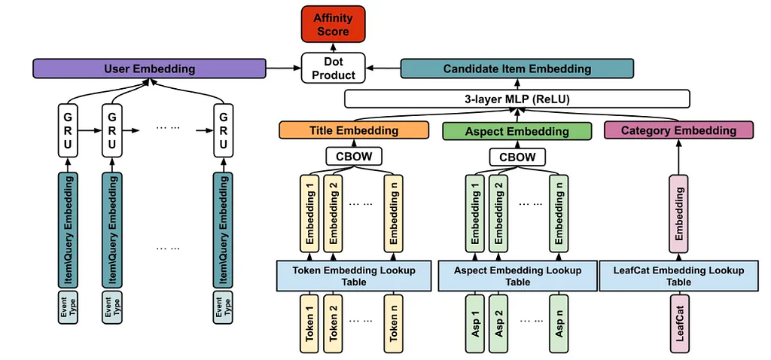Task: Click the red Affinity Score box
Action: click(334, 25)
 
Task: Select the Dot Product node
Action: click(334, 69)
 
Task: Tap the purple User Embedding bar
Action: click(150, 69)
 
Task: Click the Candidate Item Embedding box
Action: click(517, 69)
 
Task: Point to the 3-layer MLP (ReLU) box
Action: click(517, 99)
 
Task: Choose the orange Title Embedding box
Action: click(354, 130)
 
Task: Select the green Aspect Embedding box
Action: click(517, 131)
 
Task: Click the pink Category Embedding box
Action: click(679, 130)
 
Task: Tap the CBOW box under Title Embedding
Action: click(354, 157)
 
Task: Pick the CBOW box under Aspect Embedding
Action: click(517, 157)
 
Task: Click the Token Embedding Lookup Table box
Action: click(354, 276)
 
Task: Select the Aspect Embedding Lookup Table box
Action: click(517, 276)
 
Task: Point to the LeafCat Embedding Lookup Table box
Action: click(679, 276)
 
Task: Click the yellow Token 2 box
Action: click(334, 323)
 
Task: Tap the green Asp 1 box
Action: click(474, 323)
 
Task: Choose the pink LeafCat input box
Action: click(680, 323)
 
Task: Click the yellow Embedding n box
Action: click(394, 213)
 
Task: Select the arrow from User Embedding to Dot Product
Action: click(283, 69)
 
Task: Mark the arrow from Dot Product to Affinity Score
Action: click(334, 48)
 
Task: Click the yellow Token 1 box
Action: click(309, 323)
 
